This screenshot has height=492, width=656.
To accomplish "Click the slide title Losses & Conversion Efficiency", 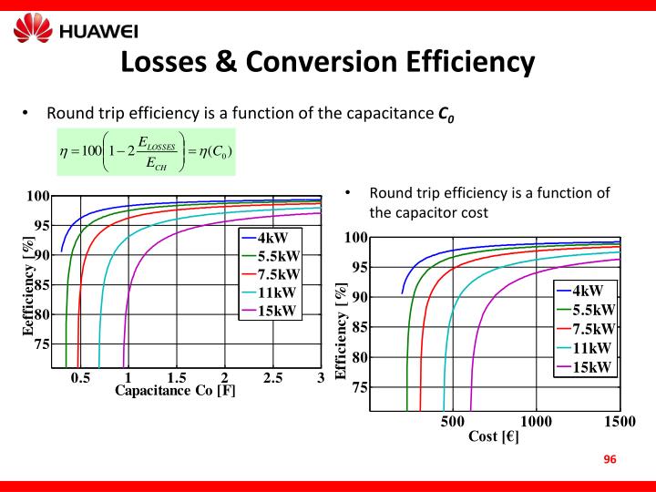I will [327, 61].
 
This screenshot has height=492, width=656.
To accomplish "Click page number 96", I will [610, 459].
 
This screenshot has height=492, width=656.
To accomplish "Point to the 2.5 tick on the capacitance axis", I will [272, 378].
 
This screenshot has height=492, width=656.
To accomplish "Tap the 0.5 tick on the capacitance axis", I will [80, 378].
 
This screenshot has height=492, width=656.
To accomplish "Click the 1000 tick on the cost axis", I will [536, 421].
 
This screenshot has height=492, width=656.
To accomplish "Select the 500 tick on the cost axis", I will [453, 421].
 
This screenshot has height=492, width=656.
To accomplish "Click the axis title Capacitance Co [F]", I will [175, 392].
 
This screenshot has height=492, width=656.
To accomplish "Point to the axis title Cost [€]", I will [494, 436].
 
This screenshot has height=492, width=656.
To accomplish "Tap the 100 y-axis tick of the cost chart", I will [356, 239].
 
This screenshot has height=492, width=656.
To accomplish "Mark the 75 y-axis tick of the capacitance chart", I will [42, 344].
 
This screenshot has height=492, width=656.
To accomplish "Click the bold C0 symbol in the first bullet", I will [445, 115].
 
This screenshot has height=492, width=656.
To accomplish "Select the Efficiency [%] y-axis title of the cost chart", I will [343, 332].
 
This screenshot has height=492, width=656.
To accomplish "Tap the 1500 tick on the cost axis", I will [619, 421].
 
